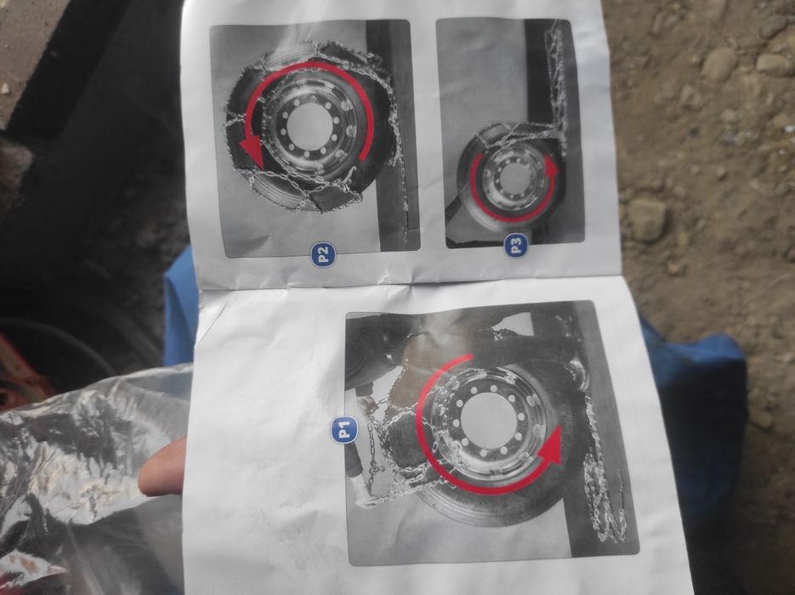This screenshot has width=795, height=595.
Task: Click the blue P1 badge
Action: (x=344, y=429)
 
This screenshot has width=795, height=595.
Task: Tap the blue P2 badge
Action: (x=323, y=254)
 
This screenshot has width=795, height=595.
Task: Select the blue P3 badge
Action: (x=517, y=246)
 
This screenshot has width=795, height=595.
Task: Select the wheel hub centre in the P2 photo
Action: (x=307, y=126)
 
